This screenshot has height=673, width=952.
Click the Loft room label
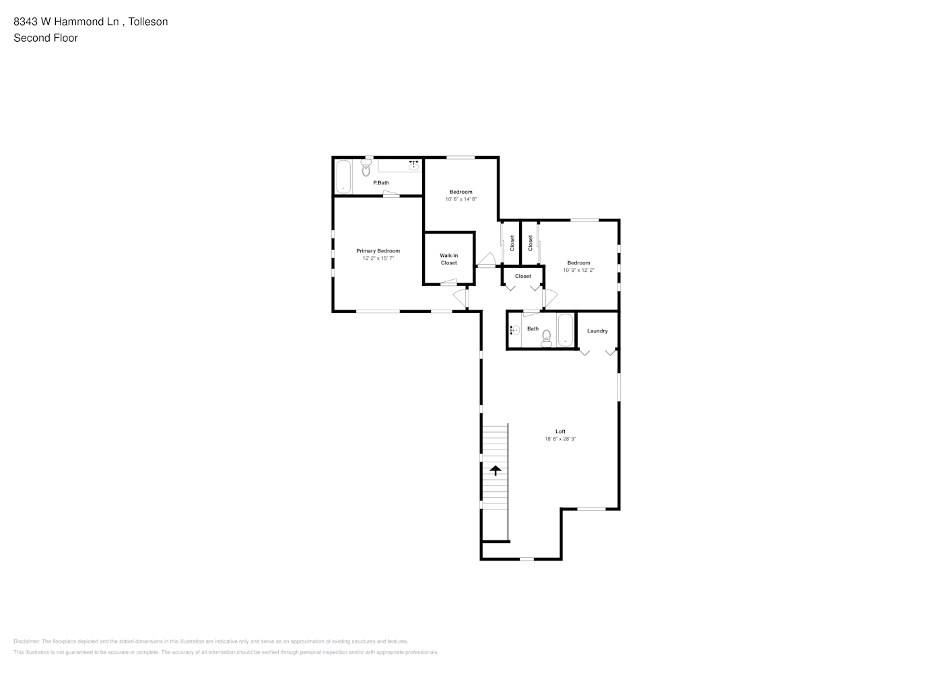(560, 431)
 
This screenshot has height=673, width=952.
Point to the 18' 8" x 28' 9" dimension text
(560, 439)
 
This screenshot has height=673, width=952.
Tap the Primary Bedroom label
(378, 251)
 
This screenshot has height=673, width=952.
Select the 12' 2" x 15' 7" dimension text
(378, 258)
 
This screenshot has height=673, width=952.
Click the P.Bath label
(381, 183)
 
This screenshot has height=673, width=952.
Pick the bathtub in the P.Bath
(343, 176)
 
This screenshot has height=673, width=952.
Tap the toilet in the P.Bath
(366, 168)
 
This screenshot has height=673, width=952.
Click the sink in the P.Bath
(413, 165)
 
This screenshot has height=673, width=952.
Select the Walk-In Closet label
(448, 259)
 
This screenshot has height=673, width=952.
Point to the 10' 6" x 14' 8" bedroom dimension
(461, 199)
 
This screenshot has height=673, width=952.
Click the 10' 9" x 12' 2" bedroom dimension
(578, 270)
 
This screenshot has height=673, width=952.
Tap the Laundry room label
(597, 331)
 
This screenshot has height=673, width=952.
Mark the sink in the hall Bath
(515, 330)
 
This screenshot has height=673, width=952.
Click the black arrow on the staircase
(496, 470)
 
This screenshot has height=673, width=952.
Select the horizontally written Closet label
(522, 276)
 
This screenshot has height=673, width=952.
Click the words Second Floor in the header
(46, 38)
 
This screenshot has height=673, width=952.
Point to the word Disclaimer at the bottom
(26, 641)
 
